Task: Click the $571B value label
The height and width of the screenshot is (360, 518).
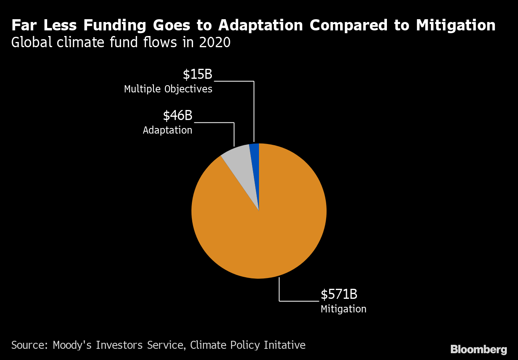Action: pyautogui.click(x=339, y=294)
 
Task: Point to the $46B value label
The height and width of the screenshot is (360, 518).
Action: pyautogui.click(x=177, y=116)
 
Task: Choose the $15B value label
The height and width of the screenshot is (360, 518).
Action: pyautogui.click(x=197, y=74)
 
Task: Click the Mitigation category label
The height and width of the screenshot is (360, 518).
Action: pyautogui.click(x=343, y=309)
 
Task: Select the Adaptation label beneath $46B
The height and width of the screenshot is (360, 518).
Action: pyautogui.click(x=167, y=130)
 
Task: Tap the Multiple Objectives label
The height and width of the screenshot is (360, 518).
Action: pyautogui.click(x=168, y=89)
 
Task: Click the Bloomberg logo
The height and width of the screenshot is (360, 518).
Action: pyautogui.click(x=478, y=349)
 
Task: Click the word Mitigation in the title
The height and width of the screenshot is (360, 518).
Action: pyautogui.click(x=456, y=26)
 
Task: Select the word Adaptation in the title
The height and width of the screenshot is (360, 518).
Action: pyautogui.click(x=261, y=26)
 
